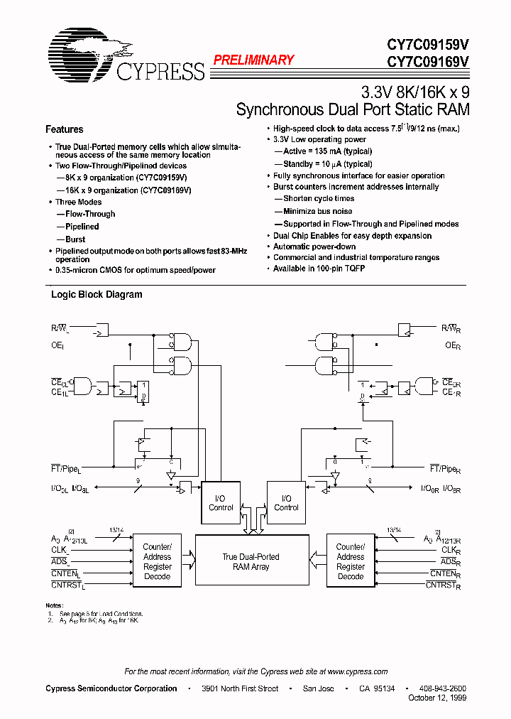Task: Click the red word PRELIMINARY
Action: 253,60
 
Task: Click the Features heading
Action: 64,129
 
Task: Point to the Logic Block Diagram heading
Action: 97,294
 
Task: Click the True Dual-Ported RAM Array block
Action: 251,562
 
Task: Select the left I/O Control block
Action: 221,503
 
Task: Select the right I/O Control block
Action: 286,503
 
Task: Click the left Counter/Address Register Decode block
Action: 157,562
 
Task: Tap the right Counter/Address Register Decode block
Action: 350,562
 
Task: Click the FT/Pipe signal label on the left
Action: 66,470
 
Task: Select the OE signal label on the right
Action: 452,345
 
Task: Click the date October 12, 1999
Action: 437,698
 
